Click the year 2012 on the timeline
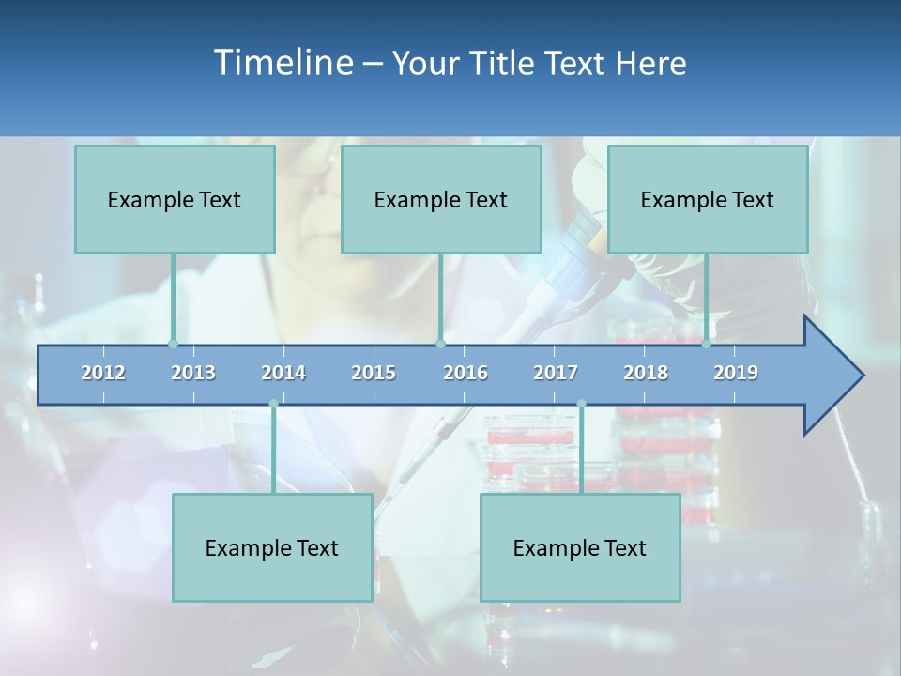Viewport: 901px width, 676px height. pyautogui.click(x=103, y=373)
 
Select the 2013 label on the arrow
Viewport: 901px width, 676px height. pyautogui.click(x=193, y=373)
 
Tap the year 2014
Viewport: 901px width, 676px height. pyautogui.click(x=283, y=373)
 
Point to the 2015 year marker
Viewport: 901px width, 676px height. pyautogui.click(x=374, y=373)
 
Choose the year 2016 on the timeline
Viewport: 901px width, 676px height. pyautogui.click(x=466, y=373)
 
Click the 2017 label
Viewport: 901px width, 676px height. pyautogui.click(x=556, y=373)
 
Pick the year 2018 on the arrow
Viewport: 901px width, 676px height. pyautogui.click(x=646, y=373)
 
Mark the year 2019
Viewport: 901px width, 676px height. pyautogui.click(x=736, y=373)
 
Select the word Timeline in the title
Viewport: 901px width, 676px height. pyautogui.click(x=283, y=63)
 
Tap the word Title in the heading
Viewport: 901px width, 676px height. pyautogui.click(x=506, y=64)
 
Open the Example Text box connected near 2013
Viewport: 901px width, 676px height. pyautogui.click(x=175, y=199)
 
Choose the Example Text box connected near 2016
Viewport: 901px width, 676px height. pyautogui.click(x=441, y=199)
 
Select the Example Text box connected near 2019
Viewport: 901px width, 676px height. pyautogui.click(x=708, y=199)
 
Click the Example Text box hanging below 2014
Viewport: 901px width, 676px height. pyautogui.click(x=272, y=547)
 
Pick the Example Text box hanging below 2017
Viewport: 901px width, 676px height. pyautogui.click(x=580, y=547)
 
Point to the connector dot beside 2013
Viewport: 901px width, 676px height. pyautogui.click(x=173, y=344)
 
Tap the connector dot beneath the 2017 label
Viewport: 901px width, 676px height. pyautogui.click(x=581, y=404)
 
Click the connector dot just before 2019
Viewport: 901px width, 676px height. pyautogui.click(x=707, y=344)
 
